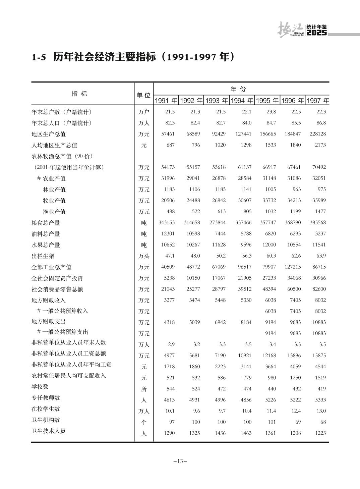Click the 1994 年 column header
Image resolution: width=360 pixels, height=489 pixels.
tap(242, 101)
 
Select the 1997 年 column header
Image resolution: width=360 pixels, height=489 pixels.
tap(318, 101)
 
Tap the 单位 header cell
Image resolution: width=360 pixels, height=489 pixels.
tap(143, 95)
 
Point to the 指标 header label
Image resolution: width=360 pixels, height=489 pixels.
tap(79, 94)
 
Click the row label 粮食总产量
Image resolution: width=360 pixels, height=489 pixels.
tap(46, 223)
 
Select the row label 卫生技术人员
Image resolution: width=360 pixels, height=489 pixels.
tap(49, 431)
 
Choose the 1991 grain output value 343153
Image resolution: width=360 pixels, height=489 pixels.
tap(167, 223)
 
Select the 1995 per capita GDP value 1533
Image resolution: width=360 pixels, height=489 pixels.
tap(270, 145)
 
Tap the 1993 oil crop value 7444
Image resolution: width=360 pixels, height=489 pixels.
tap(220, 234)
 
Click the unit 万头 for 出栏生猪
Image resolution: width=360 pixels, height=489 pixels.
tap(144, 256)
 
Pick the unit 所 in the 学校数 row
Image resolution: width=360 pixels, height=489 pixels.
tap(144, 389)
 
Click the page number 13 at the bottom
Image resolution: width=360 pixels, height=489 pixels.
tap(180, 461)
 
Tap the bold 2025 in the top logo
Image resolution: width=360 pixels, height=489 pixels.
tap(316, 33)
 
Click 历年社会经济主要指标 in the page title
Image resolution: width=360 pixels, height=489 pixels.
tap(105, 57)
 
